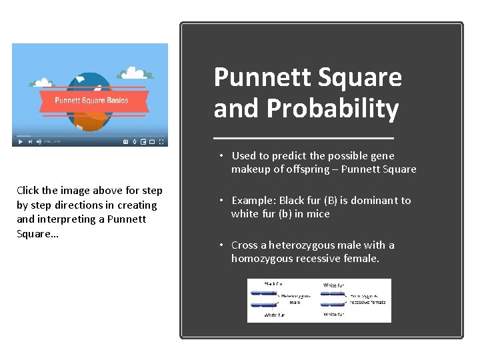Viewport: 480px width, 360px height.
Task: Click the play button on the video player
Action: click(x=20, y=141)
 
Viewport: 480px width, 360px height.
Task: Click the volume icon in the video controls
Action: click(x=39, y=141)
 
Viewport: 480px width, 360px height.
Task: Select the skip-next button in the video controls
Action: click(x=29, y=141)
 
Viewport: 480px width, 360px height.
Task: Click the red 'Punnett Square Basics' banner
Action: click(x=91, y=101)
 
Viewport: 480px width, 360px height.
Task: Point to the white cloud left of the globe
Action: click(x=43, y=83)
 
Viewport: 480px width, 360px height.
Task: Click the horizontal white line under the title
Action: click(x=304, y=137)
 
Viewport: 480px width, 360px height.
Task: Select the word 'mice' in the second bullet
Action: click(x=318, y=213)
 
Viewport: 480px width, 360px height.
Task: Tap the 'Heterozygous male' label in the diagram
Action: click(x=295, y=299)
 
